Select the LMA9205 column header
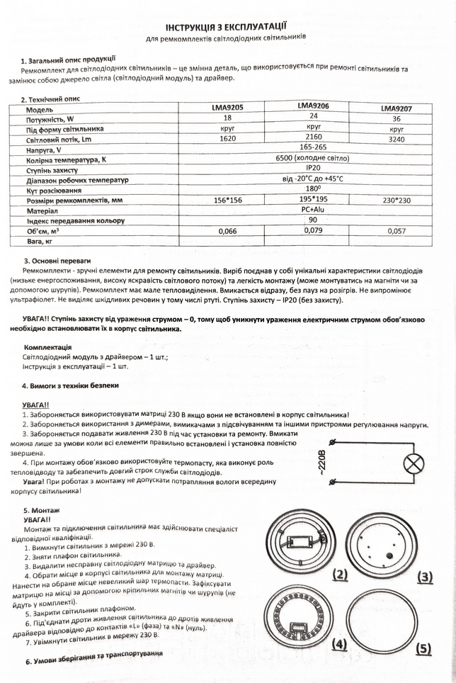pos(227,108)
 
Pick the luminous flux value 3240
pos(396,140)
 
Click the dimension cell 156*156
pos(227,201)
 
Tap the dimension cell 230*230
pos(396,201)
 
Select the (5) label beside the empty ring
pos(423,648)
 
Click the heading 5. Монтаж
pos(42,509)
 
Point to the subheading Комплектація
pos(47,348)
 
